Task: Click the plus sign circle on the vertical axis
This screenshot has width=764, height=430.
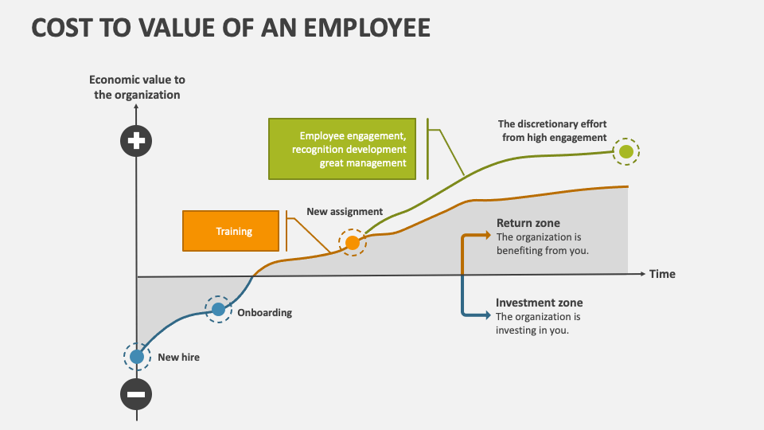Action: pyautogui.click(x=136, y=142)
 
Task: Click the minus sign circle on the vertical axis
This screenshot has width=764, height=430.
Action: pyautogui.click(x=136, y=394)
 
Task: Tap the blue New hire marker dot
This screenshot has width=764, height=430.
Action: pyautogui.click(x=137, y=357)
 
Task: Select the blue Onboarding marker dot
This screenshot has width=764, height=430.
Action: pyautogui.click(x=218, y=309)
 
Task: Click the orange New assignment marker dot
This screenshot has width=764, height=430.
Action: pyautogui.click(x=352, y=243)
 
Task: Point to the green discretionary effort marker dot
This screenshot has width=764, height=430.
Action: pyautogui.click(x=626, y=151)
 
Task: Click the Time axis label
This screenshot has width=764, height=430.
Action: pyautogui.click(x=662, y=274)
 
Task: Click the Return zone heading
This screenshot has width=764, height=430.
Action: pyautogui.click(x=528, y=223)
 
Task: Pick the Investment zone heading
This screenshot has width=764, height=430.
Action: pyautogui.click(x=539, y=303)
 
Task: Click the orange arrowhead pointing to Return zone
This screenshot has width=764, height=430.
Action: pyautogui.click(x=487, y=235)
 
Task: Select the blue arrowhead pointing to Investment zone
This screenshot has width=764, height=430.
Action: pyautogui.click(x=487, y=315)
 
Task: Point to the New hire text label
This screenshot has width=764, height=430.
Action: pyautogui.click(x=178, y=358)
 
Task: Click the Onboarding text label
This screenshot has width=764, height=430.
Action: pyautogui.click(x=264, y=313)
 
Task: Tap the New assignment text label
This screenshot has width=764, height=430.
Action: pyautogui.click(x=345, y=212)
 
